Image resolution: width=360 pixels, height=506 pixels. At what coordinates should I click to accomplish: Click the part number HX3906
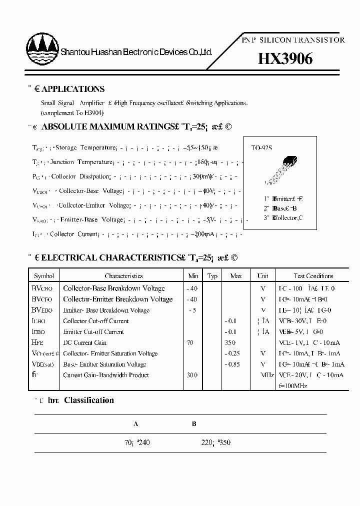[x=285, y=59]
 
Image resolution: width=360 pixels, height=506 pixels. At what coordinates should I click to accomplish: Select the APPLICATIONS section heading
[x=72, y=89]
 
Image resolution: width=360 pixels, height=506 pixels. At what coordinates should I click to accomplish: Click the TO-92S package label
[x=261, y=148]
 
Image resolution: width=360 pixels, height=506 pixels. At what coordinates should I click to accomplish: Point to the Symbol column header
[x=44, y=276]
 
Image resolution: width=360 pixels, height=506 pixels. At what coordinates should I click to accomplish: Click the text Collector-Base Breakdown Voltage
[x=113, y=288]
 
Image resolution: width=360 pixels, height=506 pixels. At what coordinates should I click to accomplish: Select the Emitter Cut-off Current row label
[x=93, y=332]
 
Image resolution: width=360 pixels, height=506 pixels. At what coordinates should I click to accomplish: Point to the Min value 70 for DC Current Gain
[x=190, y=342]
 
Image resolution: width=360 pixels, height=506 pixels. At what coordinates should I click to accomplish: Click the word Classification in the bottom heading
[x=89, y=400]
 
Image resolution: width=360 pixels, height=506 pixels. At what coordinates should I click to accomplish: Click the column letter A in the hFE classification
[x=136, y=424]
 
